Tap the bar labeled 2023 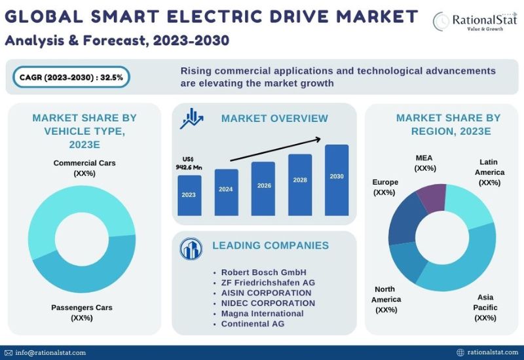tap(189, 195)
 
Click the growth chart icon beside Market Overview tap(192, 118)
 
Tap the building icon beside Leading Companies tap(192, 249)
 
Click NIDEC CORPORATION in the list tap(268, 303)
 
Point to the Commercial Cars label tap(84, 168)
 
